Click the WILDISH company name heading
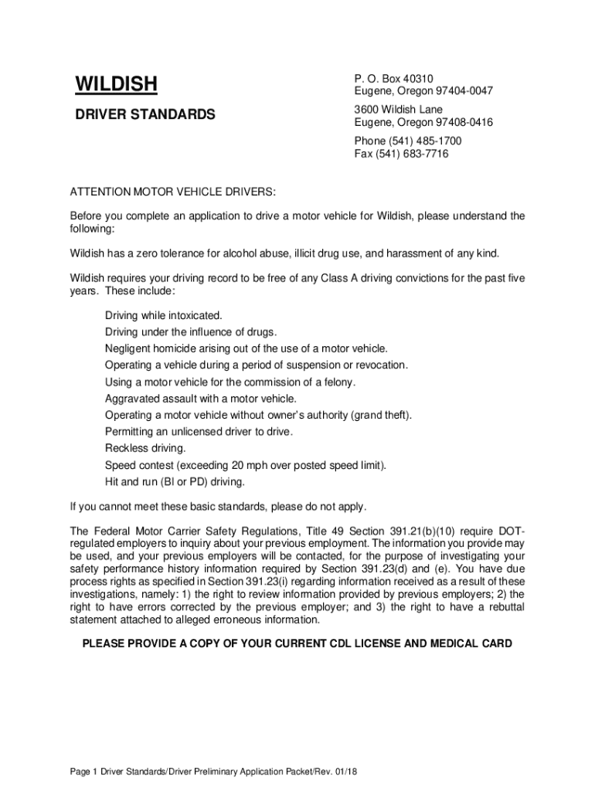116,83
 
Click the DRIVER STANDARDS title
144,114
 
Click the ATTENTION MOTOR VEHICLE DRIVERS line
172,192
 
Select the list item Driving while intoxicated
163,316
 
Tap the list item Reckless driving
145,449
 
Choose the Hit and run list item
175,482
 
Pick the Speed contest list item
245,465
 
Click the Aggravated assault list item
200,399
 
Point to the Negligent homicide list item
246,349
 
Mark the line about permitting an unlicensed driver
199,432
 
